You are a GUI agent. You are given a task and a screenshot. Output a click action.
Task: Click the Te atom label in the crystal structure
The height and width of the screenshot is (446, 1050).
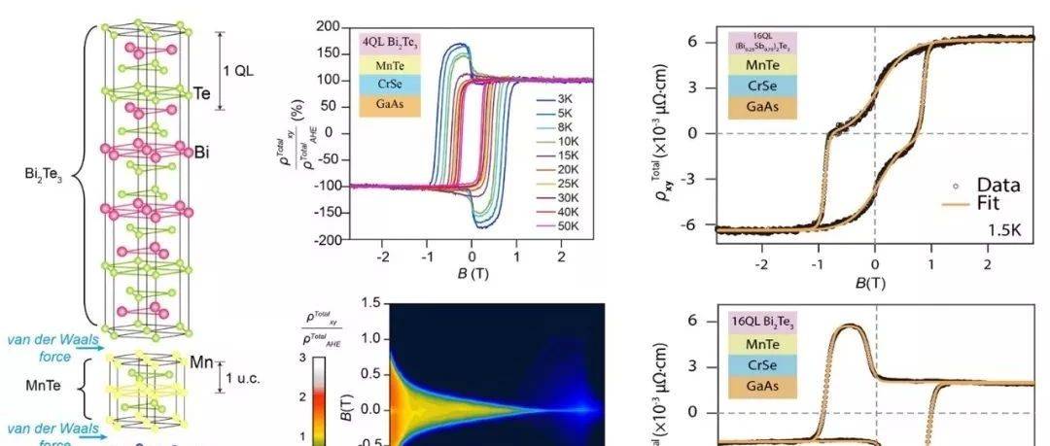point(202,93)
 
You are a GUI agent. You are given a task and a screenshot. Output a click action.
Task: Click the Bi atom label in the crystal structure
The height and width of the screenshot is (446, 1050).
point(202,153)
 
